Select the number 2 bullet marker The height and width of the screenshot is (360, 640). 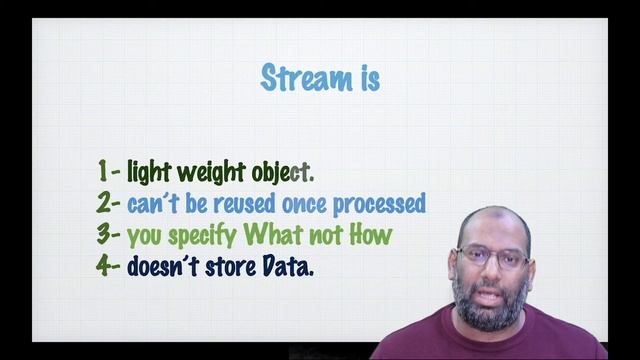(105, 204)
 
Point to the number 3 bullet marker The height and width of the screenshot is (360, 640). (105, 236)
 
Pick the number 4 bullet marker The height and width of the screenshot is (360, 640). (105, 267)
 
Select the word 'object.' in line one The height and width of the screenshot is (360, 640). (283, 173)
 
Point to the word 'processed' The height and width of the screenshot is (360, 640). (379, 205)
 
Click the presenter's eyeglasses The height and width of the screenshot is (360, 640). (493, 255)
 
